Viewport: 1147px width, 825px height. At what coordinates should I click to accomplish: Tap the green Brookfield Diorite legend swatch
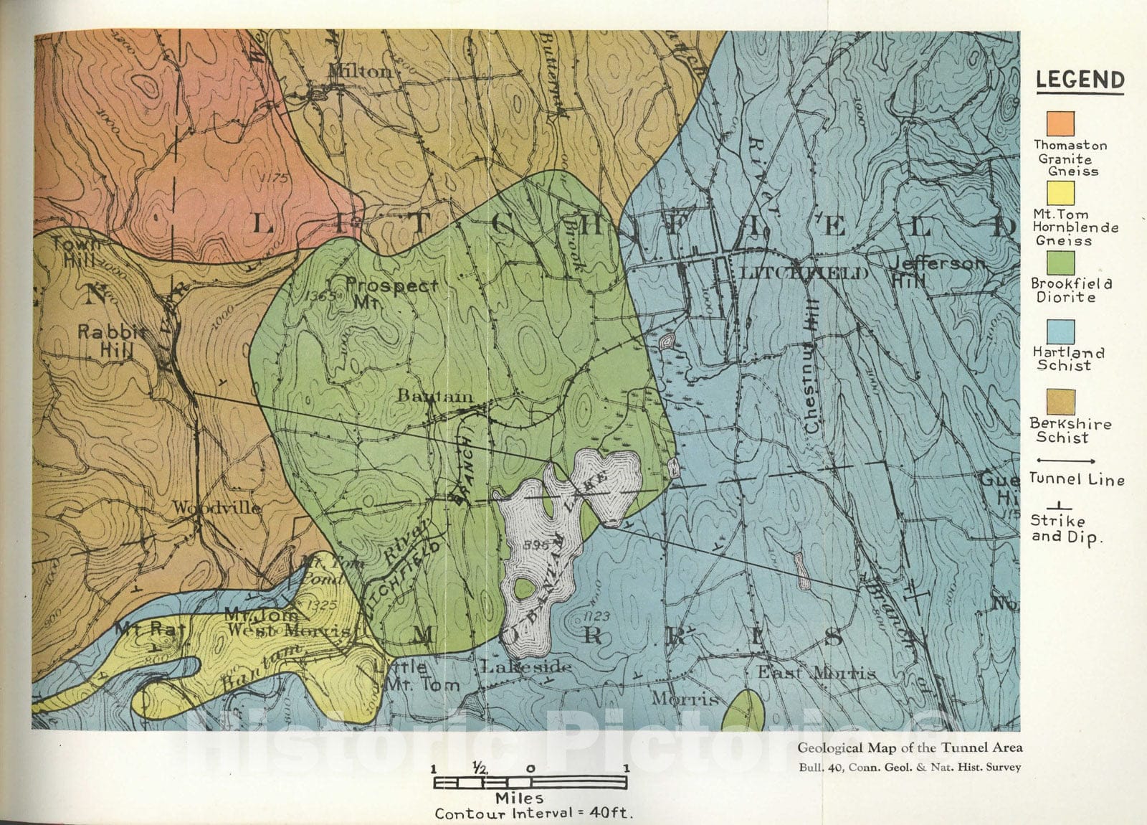click(x=1060, y=263)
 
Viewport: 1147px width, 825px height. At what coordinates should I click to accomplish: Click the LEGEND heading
click(x=1080, y=80)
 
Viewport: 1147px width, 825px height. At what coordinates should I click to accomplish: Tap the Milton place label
click(x=361, y=71)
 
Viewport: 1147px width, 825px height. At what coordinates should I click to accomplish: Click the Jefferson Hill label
click(x=936, y=270)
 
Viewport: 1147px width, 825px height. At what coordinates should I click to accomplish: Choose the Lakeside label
click(x=526, y=667)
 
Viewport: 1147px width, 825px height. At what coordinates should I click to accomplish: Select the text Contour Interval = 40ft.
click(x=534, y=814)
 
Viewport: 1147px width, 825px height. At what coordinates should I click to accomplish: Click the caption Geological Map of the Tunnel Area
click(x=910, y=748)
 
